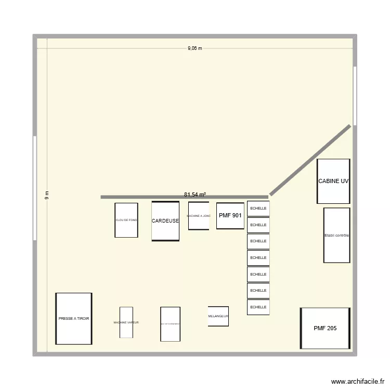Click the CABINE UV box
333,181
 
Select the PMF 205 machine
325,328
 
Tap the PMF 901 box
230,215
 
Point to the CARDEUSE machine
165,221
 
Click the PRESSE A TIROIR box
74,318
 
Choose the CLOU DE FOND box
126,220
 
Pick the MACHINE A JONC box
199,216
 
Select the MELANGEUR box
218,316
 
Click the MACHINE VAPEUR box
126,322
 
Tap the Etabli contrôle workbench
336,236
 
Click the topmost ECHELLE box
258,209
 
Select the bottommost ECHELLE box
258,307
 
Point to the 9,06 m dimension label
195,48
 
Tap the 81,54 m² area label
195,194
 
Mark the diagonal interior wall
310,160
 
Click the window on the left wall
35,188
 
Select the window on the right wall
355,96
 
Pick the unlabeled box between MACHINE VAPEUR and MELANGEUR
170,324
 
